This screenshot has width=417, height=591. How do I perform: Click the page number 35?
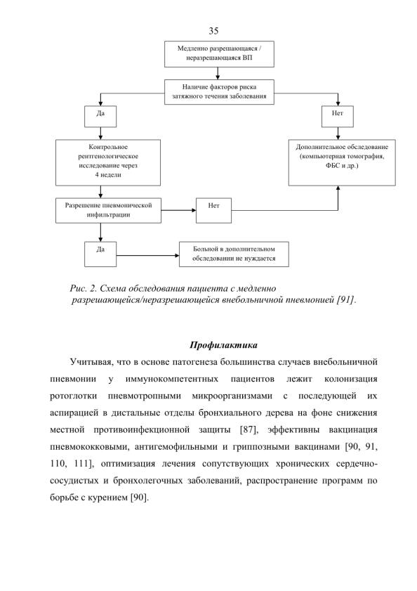pyautogui.click(x=213, y=31)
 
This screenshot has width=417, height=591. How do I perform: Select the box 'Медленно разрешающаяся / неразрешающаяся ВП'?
pyautogui.click(x=219, y=54)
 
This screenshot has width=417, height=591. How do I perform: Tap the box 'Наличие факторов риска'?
pyautogui.click(x=219, y=91)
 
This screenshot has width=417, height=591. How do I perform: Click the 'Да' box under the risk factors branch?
pyautogui.click(x=100, y=117)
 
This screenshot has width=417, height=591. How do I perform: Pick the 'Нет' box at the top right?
pyautogui.click(x=338, y=117)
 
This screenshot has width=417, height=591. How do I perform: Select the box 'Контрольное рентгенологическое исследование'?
pyautogui.click(x=108, y=162)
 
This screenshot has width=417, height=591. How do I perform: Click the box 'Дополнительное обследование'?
pyautogui.click(x=342, y=162)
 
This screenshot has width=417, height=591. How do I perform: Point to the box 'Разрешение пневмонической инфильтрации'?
pyautogui.click(x=108, y=210)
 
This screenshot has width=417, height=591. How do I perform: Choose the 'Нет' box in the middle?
pyautogui.click(x=213, y=210)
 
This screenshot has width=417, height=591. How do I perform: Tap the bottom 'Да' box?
pyautogui.click(x=100, y=254)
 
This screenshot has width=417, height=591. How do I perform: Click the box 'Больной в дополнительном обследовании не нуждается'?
pyautogui.click(x=234, y=254)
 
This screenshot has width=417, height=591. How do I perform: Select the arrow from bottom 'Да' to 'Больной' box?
pyautogui.click(x=147, y=256)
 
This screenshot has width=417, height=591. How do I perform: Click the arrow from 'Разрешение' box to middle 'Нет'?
pyautogui.click(x=178, y=210)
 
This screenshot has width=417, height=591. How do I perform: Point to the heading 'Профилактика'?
pyautogui.click(x=223, y=345)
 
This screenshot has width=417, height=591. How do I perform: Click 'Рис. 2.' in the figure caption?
pyautogui.click(x=84, y=289)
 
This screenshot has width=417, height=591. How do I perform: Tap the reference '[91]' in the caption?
pyautogui.click(x=345, y=300)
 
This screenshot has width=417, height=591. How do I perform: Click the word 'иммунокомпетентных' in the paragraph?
pyautogui.click(x=172, y=379)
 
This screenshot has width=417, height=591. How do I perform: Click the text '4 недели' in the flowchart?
pyautogui.click(x=108, y=175)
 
